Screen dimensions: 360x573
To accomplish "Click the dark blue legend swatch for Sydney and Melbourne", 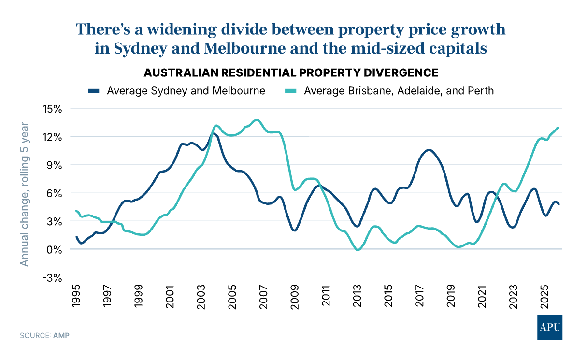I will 94,90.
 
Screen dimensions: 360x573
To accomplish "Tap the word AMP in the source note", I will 61,335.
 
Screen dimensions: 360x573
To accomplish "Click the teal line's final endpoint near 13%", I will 558,128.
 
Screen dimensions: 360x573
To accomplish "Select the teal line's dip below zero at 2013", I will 358,250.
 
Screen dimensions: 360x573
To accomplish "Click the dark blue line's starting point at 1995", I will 76,237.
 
